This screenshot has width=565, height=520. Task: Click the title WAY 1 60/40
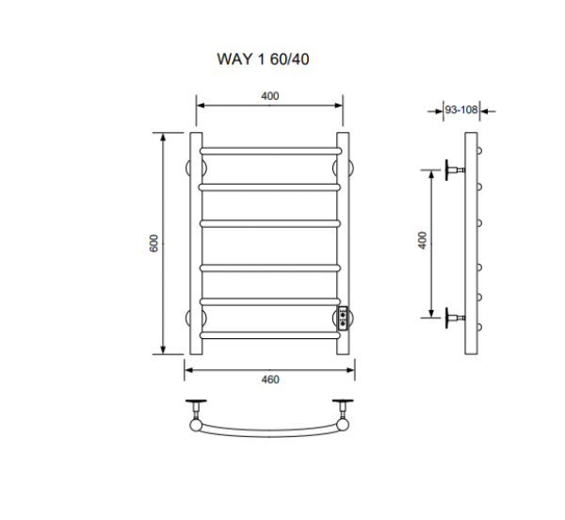click(x=263, y=59)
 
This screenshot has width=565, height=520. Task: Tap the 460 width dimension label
click(x=270, y=380)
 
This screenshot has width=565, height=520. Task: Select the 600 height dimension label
click(x=153, y=243)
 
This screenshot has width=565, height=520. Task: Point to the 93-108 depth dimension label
click(x=461, y=109)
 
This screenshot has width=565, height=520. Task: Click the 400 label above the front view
click(x=270, y=96)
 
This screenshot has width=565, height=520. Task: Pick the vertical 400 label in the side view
click(x=423, y=240)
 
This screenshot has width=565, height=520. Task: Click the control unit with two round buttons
click(x=343, y=318)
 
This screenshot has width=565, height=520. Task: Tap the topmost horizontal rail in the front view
click(x=270, y=151)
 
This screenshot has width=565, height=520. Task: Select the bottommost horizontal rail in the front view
click(x=270, y=335)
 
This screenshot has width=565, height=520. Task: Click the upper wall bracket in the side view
click(x=455, y=170)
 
